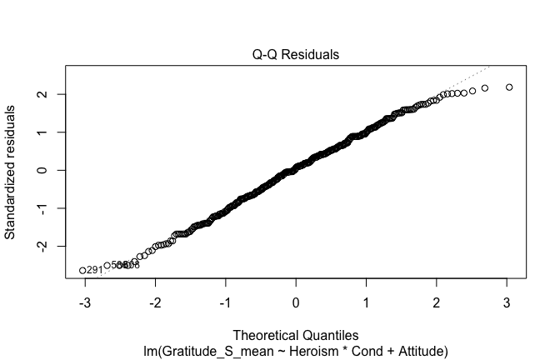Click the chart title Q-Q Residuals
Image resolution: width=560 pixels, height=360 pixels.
(x=296, y=55)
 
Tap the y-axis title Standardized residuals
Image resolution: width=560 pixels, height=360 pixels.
(x=11, y=171)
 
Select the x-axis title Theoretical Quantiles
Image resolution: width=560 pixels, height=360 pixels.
(x=296, y=336)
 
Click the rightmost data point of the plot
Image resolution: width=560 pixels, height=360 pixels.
(x=509, y=87)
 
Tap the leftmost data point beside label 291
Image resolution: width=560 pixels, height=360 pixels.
(x=82, y=270)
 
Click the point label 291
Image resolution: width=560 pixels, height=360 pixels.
(x=95, y=270)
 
